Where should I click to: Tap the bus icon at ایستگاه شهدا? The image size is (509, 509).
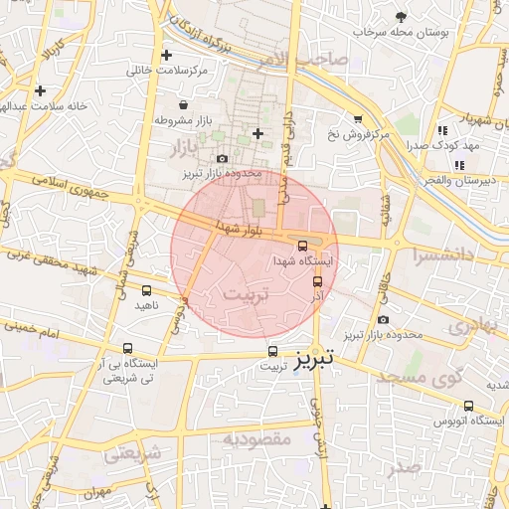point(302,245)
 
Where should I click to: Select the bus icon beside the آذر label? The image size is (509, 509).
point(317,281)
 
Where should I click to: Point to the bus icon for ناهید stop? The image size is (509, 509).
point(147,290)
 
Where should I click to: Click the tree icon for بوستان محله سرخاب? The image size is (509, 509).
point(401,17)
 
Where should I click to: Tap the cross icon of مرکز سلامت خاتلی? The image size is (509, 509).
point(166,56)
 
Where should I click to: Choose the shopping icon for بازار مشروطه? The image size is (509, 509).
point(183,104)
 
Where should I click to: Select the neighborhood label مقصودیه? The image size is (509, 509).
point(255,437)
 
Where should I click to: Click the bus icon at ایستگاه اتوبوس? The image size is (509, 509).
point(469,405)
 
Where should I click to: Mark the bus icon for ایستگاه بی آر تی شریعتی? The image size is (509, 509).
point(127,348)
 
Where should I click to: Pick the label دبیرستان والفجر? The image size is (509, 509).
point(455,180)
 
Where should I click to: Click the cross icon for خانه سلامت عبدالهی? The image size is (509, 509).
point(39,90)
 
